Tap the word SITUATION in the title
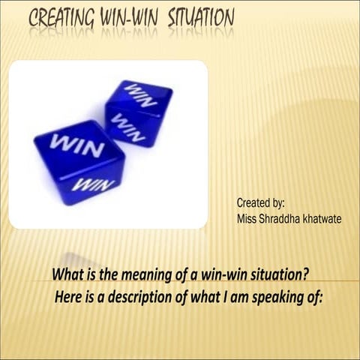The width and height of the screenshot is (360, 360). coord(197,16)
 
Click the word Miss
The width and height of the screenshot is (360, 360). coord(247,217)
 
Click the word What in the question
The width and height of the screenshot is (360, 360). coord(67,274)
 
